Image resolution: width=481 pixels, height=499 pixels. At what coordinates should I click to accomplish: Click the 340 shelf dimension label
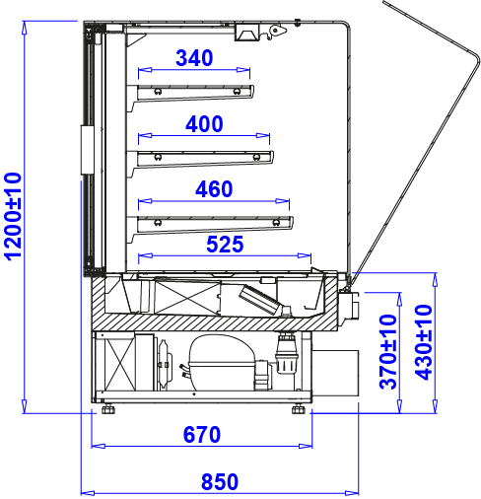194,58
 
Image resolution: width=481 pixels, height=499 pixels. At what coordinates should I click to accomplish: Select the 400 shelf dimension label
204,124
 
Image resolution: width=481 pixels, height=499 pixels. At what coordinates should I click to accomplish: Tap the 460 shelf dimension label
214,189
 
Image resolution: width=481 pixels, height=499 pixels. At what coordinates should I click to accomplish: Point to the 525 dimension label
225,245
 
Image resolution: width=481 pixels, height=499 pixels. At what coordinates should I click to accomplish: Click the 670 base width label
202,435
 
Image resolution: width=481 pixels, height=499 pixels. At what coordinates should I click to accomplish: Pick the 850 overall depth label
220,482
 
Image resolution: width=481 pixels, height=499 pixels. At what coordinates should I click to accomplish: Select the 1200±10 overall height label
13,217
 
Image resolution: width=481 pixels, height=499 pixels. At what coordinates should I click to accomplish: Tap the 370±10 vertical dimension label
388,352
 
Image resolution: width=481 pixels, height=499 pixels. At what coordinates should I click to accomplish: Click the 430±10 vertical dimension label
424,342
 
